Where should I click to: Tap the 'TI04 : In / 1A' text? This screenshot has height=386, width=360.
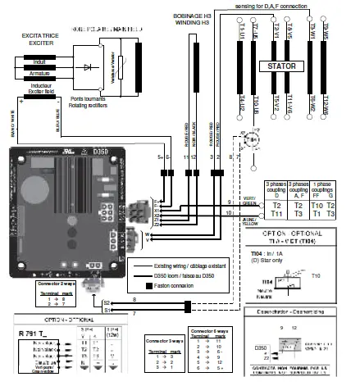click(271, 255)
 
